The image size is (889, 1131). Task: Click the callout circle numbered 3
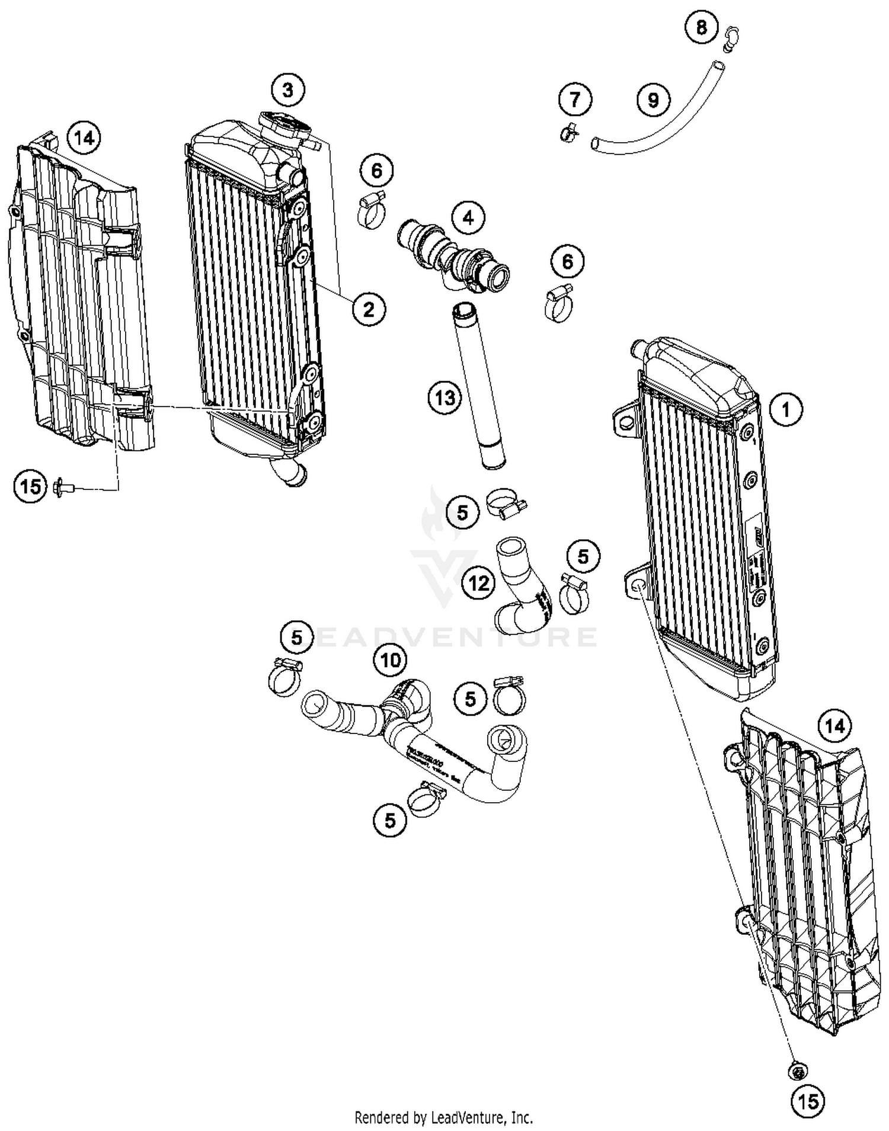click(x=287, y=90)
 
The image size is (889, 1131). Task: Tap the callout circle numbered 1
click(x=786, y=409)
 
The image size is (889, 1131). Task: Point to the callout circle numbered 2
click(x=369, y=309)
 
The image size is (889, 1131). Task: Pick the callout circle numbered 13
click(x=444, y=398)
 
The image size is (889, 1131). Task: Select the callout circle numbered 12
click(x=479, y=584)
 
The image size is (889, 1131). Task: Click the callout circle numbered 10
click(x=390, y=659)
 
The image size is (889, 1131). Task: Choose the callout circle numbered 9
click(x=653, y=100)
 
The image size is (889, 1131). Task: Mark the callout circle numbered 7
click(x=575, y=99)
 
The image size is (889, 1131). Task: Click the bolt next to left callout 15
click(x=62, y=487)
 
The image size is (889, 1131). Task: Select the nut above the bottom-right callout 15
click(x=798, y=1071)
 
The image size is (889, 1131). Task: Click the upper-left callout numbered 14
click(x=84, y=138)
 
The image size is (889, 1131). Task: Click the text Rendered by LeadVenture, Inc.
click(x=443, y=1117)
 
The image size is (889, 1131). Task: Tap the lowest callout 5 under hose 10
click(x=390, y=821)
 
